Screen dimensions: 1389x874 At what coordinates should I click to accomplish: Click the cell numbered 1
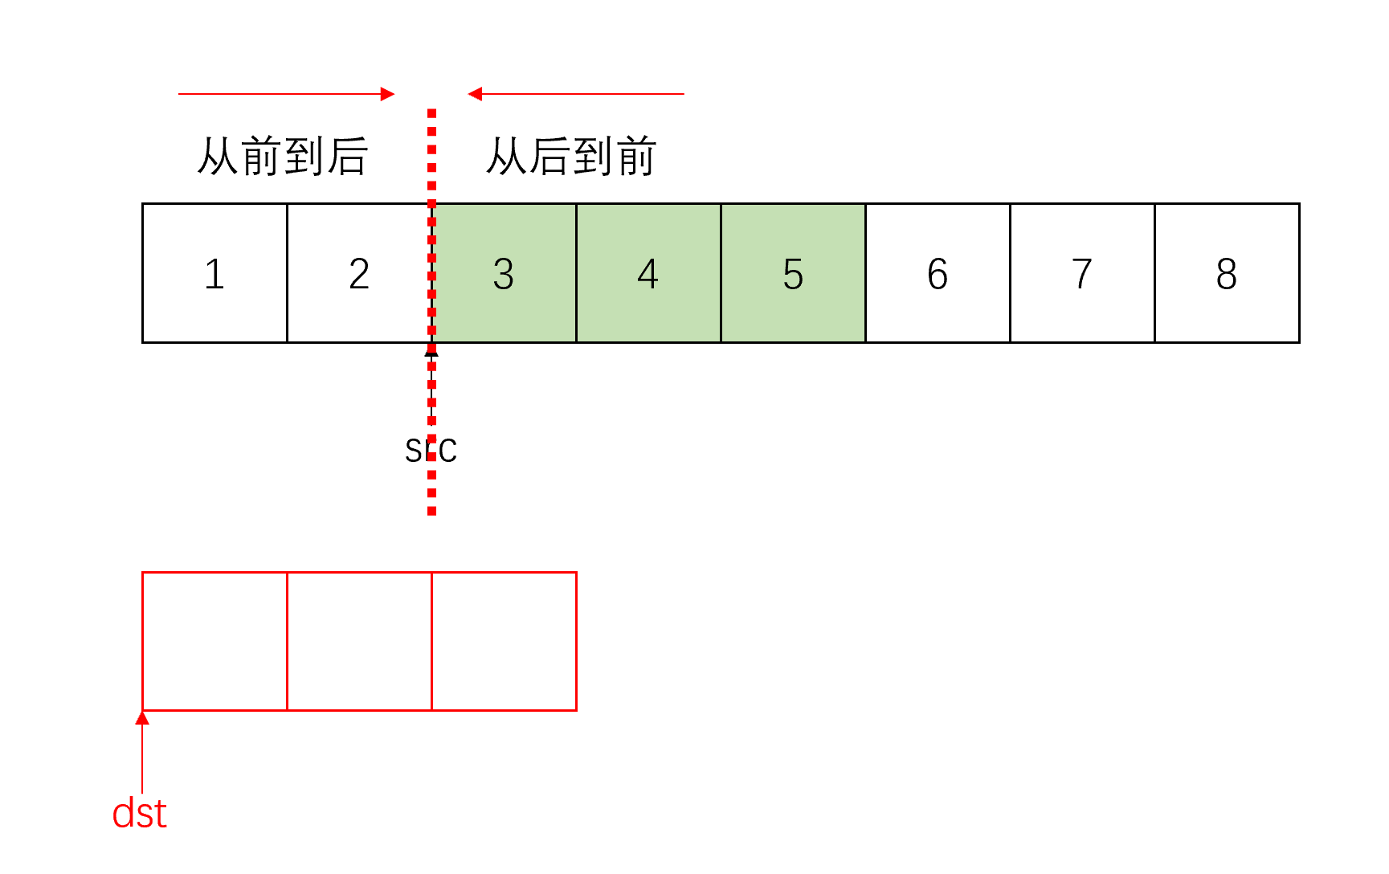214,273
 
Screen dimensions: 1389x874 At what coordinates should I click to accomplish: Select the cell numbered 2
359,273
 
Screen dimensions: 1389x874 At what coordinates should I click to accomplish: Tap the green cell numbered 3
504,273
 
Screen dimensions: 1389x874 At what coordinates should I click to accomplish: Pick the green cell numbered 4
648,273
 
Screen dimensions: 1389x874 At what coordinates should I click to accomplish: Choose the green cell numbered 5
793,273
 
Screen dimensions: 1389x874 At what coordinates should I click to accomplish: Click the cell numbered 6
938,273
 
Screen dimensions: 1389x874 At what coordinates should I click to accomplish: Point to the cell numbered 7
1082,273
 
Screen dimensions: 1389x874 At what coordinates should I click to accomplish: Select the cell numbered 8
1227,273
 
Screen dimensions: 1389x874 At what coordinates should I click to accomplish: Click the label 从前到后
283,156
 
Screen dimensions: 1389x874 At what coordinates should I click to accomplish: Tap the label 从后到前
571,156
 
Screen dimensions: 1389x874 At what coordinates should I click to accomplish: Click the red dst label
139,814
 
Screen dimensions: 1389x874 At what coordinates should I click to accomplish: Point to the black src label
431,451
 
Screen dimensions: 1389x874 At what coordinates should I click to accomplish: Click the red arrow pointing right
286,94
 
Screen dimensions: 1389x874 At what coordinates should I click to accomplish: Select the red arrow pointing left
576,94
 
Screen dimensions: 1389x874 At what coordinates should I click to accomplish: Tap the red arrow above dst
142,752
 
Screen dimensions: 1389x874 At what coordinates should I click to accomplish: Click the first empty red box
214,641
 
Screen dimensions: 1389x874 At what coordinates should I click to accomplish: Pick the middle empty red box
359,641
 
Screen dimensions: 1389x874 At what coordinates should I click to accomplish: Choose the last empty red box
504,641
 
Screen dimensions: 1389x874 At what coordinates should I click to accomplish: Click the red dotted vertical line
432,161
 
